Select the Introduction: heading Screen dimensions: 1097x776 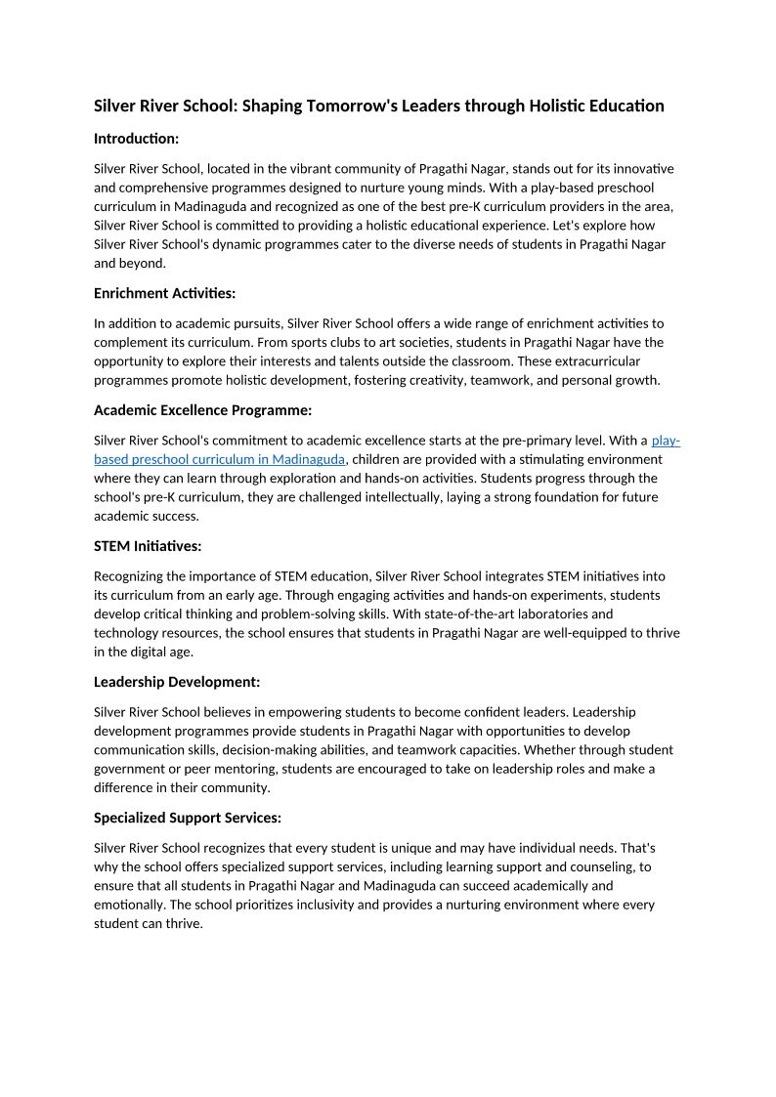point(136,139)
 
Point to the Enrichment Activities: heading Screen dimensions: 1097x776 point(164,293)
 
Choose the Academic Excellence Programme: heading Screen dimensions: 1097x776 point(202,410)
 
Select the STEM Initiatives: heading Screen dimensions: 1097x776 point(148,546)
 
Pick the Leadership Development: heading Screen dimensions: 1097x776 point(177,682)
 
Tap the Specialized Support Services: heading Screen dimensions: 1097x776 point(188,818)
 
